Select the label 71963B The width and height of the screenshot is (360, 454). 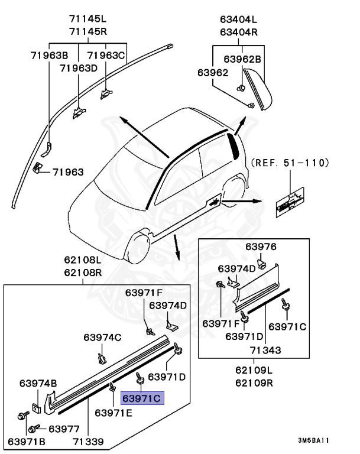(50, 56)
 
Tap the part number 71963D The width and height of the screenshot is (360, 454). (78, 68)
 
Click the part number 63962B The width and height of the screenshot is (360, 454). (242, 59)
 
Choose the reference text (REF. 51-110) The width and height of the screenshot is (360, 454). (290, 163)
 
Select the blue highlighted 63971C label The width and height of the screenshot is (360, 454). (142, 398)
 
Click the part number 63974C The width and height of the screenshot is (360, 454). (102, 338)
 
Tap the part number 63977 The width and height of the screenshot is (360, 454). (63, 429)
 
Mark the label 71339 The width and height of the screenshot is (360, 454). (88, 442)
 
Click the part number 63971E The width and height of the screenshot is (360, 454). (115, 412)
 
